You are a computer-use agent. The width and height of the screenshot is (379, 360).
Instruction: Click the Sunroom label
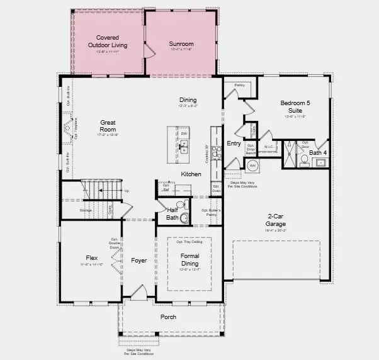coord(181,43)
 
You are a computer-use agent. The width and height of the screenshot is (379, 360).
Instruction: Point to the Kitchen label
coord(191,174)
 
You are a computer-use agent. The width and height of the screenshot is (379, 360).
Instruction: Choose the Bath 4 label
coord(318,152)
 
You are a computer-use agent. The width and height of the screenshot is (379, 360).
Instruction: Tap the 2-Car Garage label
coord(275,221)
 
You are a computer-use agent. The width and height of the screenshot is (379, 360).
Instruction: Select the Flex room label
coord(92,258)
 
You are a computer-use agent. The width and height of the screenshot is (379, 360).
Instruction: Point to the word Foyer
coord(139,261)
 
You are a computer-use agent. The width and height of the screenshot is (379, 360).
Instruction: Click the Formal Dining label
coord(189,259)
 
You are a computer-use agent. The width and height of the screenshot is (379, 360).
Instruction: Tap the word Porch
coord(168,317)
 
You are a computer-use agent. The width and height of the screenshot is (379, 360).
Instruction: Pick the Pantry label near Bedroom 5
coord(239,84)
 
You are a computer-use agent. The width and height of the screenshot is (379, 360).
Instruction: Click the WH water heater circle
coord(252,166)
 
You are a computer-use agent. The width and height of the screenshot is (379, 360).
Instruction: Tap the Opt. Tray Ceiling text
coord(189,242)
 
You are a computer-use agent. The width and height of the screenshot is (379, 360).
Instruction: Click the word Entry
coord(234,143)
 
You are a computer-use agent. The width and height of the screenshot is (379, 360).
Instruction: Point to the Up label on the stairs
coord(127,191)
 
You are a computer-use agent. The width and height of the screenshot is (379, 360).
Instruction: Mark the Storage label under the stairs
coord(86,210)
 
